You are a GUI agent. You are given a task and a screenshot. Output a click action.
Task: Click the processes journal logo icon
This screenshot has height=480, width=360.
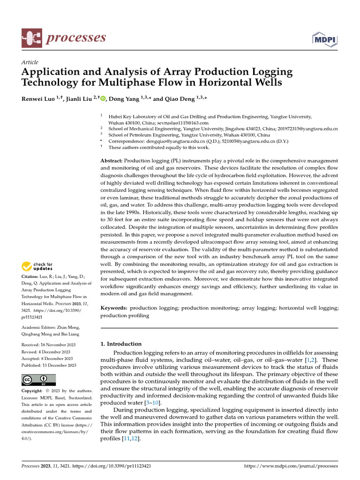click(x=32, y=38)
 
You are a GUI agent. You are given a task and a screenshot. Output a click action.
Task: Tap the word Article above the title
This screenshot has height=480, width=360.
click(x=30, y=62)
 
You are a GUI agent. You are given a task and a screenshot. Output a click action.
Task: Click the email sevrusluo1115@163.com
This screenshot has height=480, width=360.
click(x=183, y=122)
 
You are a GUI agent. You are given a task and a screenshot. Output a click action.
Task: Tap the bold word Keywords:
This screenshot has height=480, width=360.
click(x=114, y=308)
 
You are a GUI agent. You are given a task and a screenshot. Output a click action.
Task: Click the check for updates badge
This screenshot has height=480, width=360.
click(x=37, y=267)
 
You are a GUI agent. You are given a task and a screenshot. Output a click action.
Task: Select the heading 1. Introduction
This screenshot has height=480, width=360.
click(x=121, y=344)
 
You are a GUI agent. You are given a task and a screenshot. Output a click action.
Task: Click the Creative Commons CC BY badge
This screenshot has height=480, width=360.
click(x=39, y=379)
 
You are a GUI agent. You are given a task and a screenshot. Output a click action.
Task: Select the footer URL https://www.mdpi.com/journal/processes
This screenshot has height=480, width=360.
click(x=291, y=466)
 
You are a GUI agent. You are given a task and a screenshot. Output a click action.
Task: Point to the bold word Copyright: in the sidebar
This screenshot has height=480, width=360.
click(x=32, y=390)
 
